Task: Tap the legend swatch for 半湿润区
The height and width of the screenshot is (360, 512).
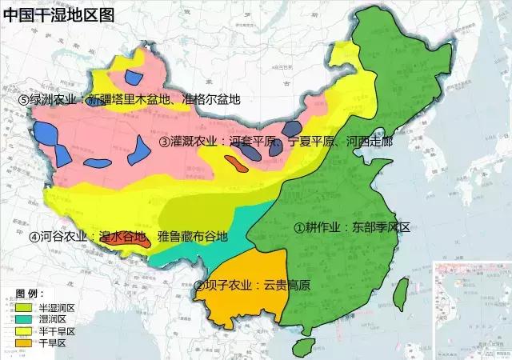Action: point(23,307)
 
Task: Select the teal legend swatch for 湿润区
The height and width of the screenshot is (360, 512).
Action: point(23,319)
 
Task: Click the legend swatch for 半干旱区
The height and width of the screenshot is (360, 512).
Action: point(23,331)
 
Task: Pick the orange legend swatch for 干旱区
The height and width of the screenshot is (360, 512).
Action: point(23,343)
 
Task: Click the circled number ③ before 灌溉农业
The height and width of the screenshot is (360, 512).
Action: point(165,142)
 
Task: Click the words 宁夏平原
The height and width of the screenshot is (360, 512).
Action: point(314,142)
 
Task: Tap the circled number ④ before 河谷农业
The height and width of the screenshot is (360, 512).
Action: point(34,237)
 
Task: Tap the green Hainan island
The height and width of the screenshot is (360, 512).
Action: point(303,346)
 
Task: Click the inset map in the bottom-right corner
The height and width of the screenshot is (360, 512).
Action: point(471,308)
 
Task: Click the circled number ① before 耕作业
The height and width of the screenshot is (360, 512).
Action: point(299,227)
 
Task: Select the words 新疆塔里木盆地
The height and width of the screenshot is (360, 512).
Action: point(129,100)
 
